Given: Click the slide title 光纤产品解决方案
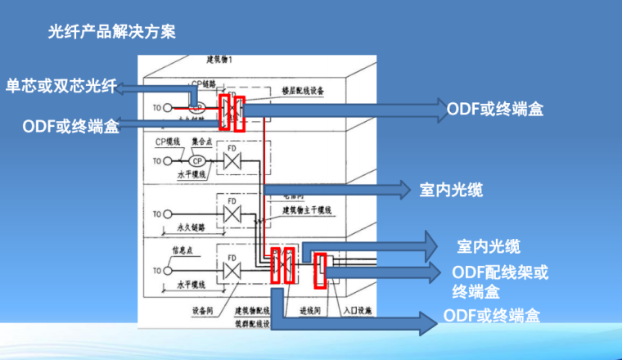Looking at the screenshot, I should click(x=112, y=33).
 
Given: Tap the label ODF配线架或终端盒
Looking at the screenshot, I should click(x=500, y=281).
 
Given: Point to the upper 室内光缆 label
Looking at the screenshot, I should click(x=451, y=190).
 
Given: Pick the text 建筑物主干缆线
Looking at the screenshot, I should click(x=308, y=210).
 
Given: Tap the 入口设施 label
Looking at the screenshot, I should click(x=357, y=311).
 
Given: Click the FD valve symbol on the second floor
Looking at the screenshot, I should click(x=233, y=161).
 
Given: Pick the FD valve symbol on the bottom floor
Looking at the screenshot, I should click(x=233, y=268).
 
